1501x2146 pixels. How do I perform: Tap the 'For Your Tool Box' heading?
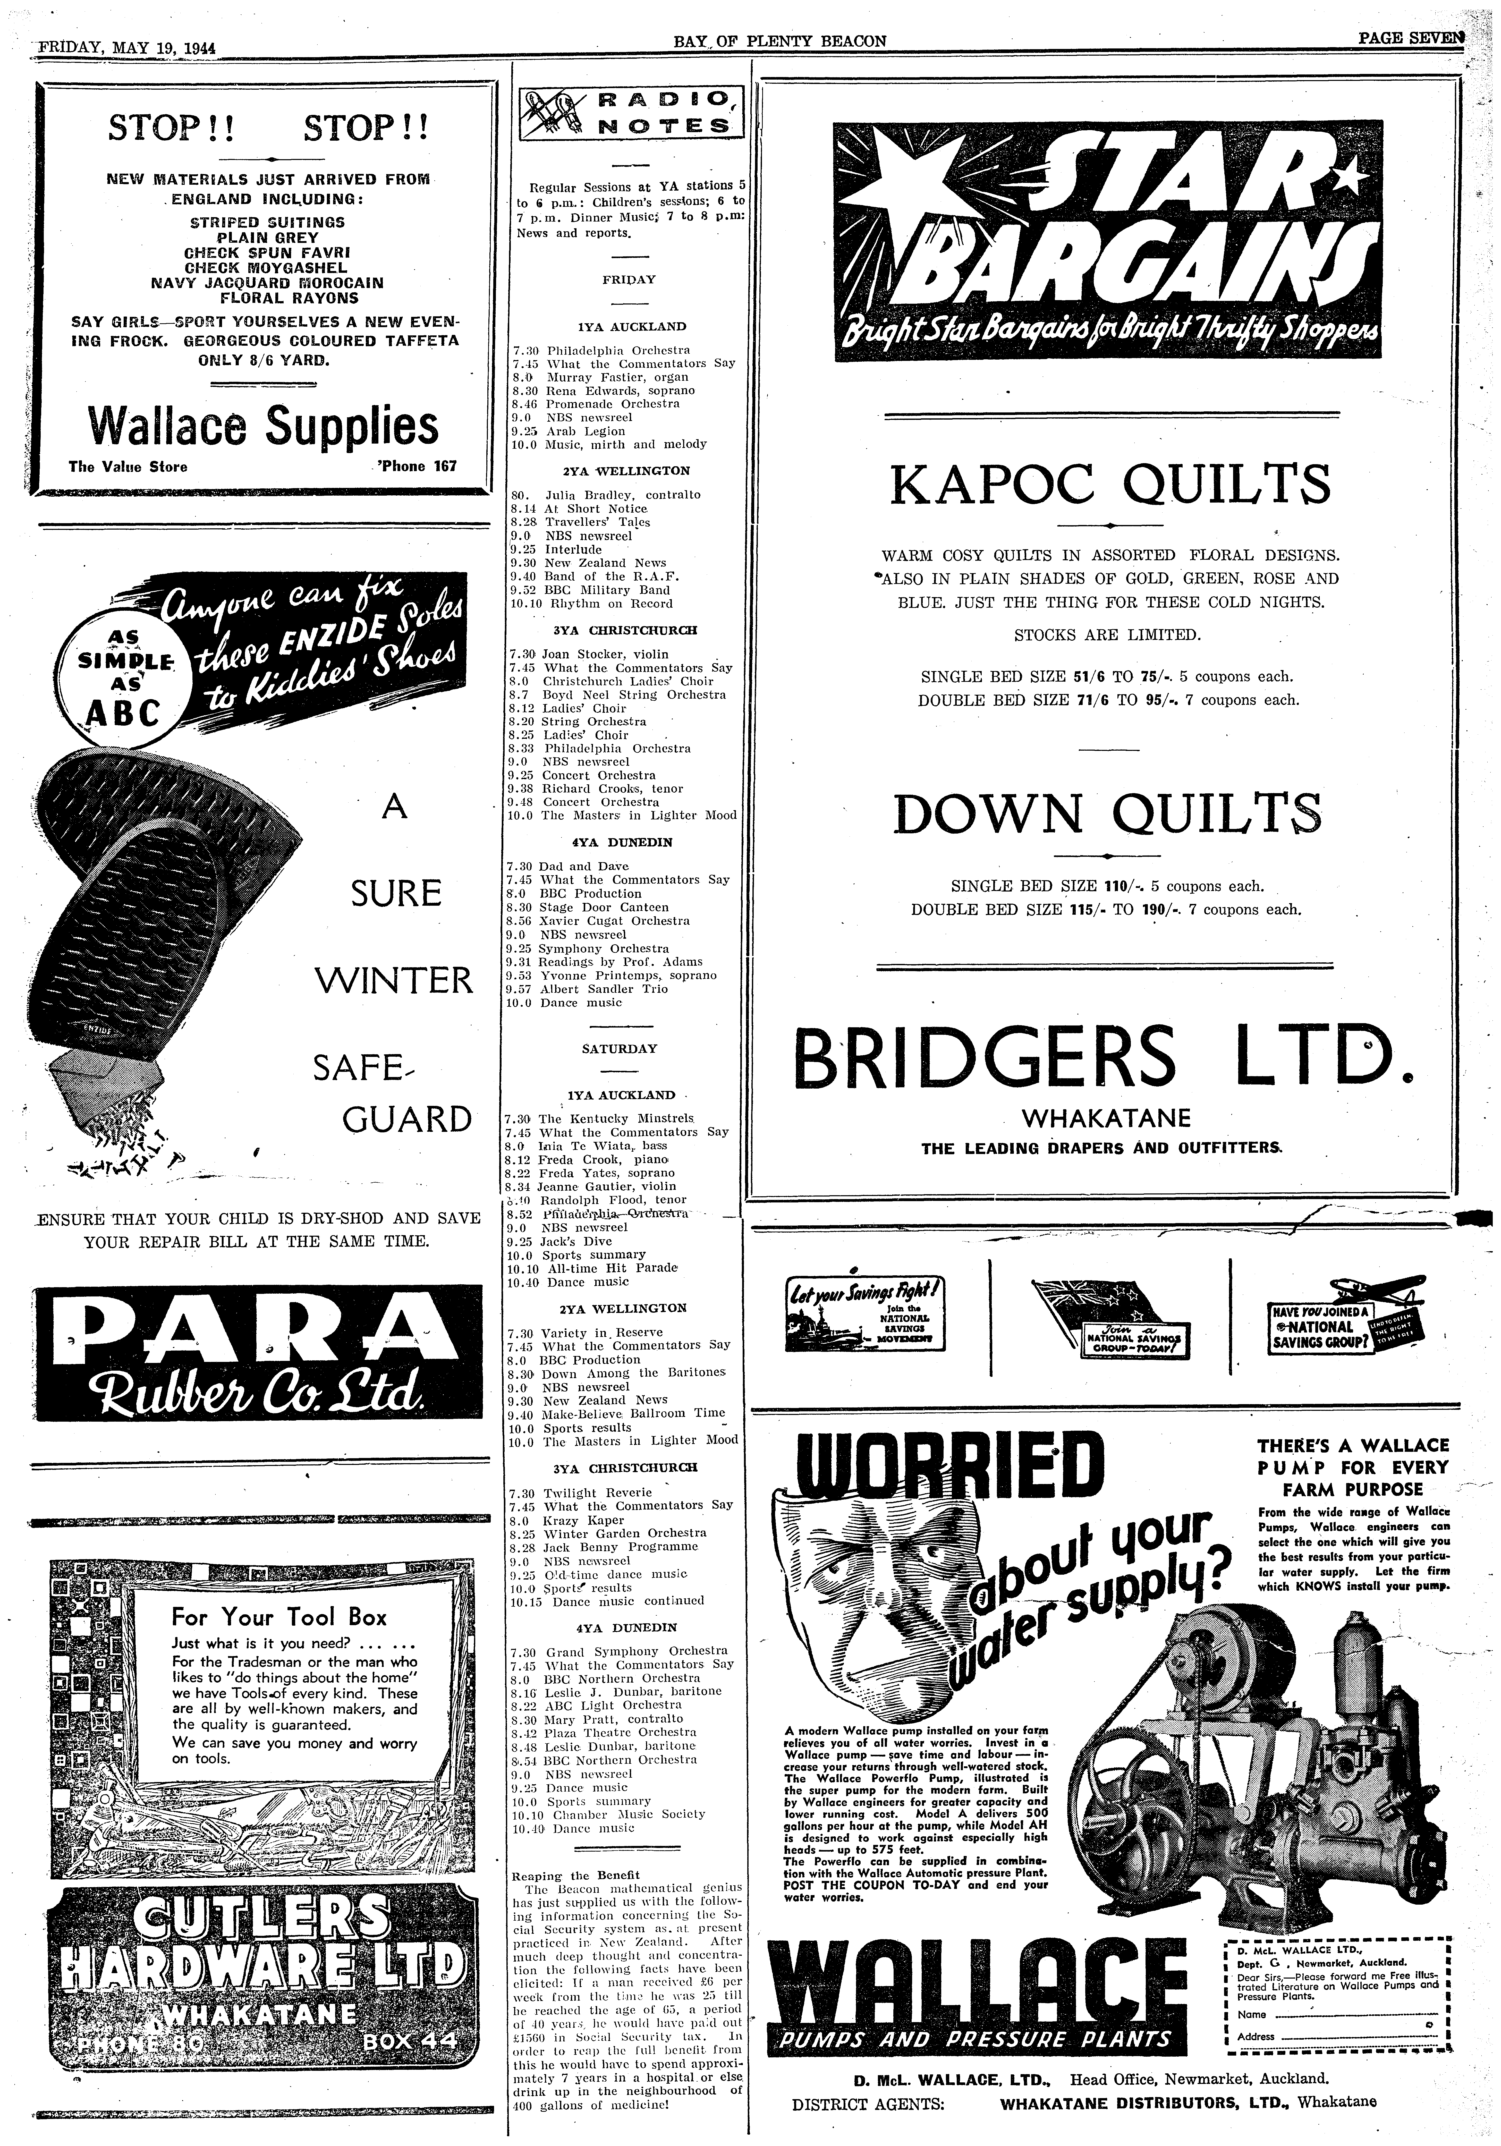point(278,1617)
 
